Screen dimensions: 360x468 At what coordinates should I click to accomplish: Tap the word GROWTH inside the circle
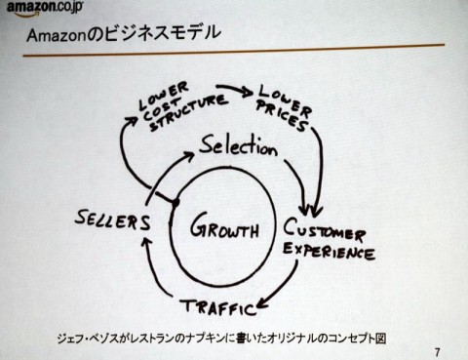(224, 231)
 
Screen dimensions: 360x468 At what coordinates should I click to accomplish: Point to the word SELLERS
(114, 220)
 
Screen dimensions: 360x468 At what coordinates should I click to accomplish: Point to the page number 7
(438, 348)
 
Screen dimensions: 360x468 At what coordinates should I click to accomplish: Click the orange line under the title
(234, 57)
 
